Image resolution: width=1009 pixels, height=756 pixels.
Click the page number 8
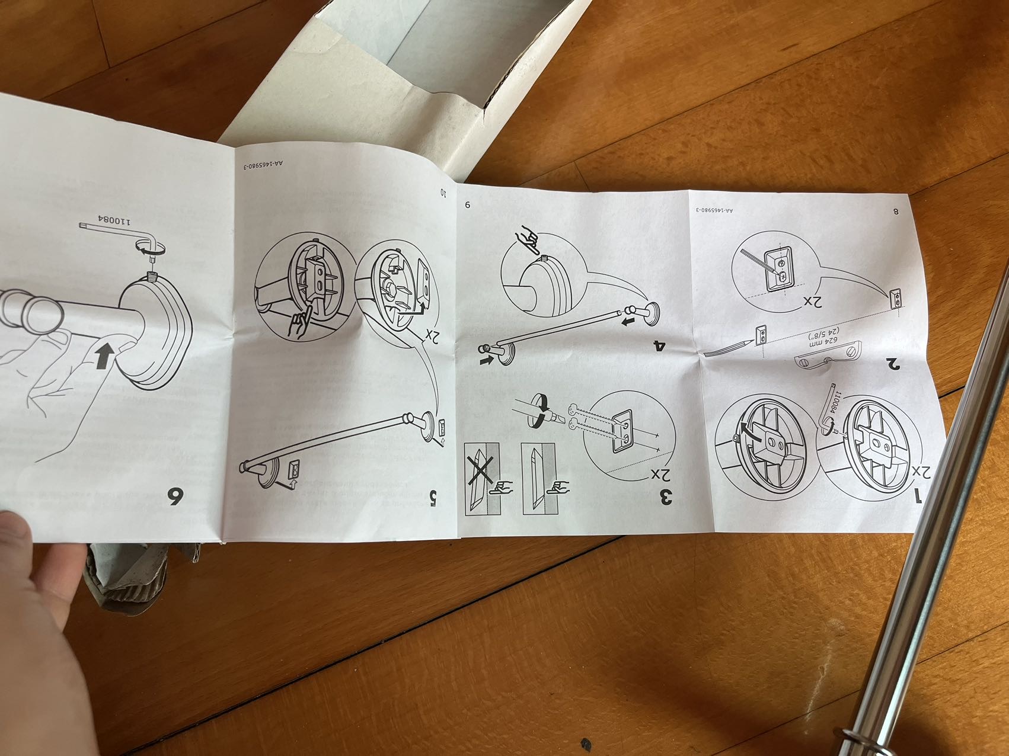point(895,211)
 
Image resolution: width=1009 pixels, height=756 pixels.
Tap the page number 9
point(467,205)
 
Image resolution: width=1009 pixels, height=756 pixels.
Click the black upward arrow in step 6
point(104,357)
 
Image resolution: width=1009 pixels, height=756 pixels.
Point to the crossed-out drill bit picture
point(481,478)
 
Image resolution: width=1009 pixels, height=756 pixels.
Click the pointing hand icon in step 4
point(527,236)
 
